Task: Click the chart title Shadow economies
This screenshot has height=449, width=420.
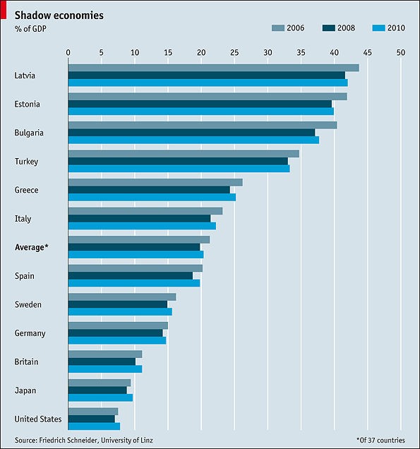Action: pyautogui.click(x=59, y=15)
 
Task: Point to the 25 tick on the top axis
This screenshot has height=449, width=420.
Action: pyautogui.click(x=234, y=52)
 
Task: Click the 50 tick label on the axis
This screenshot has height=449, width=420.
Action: pyautogui.click(x=401, y=52)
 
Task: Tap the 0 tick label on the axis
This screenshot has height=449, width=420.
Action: pyautogui.click(x=68, y=52)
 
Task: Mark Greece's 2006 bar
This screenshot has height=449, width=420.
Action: pyautogui.click(x=155, y=182)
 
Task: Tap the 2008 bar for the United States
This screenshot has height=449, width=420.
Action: pyautogui.click(x=92, y=419)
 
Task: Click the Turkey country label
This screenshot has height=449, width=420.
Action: pyautogui.click(x=26, y=162)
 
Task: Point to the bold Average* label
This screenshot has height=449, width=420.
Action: pyautogui.click(x=32, y=248)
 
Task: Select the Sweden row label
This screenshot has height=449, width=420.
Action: pyautogui.click(x=28, y=305)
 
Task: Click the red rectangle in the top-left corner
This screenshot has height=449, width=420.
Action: pyautogui.click(x=4, y=5)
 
